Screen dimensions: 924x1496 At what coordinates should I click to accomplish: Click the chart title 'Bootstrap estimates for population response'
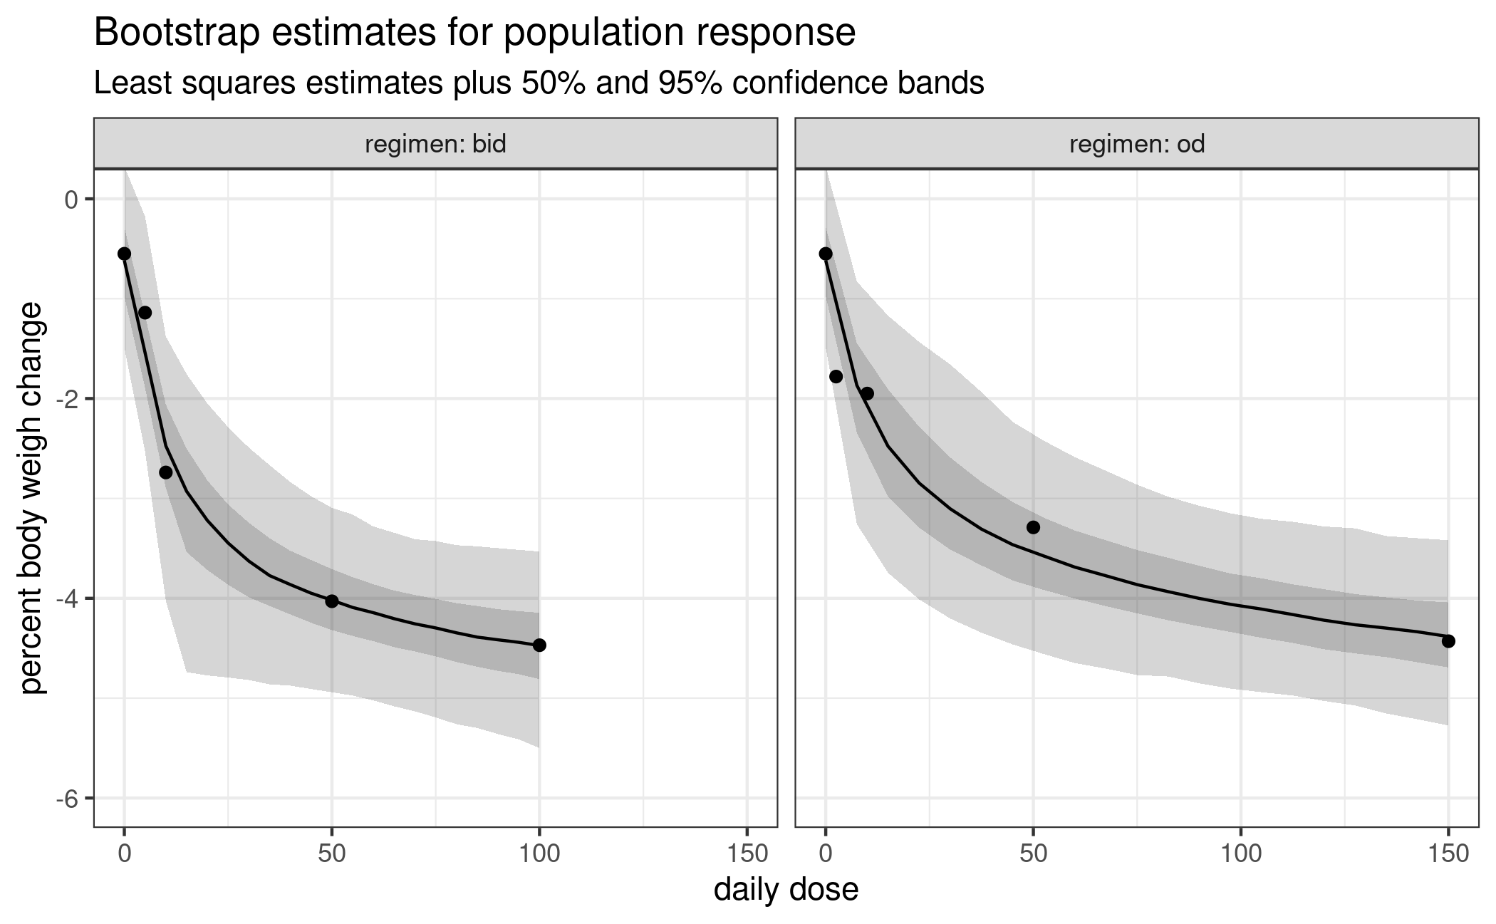pos(474,33)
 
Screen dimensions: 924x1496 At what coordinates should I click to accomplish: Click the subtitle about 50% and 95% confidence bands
pos(539,84)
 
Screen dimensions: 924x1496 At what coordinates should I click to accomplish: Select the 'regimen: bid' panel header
pos(435,145)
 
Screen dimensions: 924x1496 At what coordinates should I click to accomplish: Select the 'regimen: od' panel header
pos(1137,145)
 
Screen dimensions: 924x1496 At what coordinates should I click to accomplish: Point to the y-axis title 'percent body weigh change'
pos(33,498)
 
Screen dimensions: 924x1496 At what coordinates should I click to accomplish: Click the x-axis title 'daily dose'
pos(786,890)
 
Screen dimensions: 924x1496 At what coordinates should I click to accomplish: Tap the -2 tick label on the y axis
pos(69,398)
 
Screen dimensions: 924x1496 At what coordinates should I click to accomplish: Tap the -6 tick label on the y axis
pos(69,798)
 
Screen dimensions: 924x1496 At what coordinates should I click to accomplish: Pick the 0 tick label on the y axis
pos(71,199)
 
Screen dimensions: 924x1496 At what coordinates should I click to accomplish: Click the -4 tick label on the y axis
pos(69,598)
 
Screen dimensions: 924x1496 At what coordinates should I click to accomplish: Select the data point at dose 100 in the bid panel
pos(539,645)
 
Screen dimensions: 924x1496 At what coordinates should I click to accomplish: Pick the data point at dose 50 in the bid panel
pos(332,601)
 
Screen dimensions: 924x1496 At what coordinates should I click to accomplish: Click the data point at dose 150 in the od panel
pos(1448,641)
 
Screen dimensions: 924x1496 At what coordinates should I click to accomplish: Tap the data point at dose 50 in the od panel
pos(1033,527)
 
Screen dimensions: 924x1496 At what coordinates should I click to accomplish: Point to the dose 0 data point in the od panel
pos(826,254)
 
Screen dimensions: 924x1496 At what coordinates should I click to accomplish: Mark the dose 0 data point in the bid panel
pos(124,254)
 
